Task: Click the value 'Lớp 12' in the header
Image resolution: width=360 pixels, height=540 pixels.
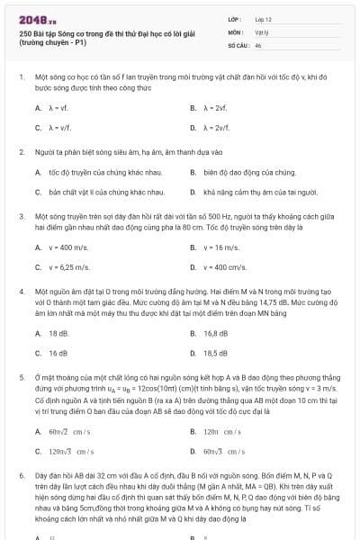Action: (265, 18)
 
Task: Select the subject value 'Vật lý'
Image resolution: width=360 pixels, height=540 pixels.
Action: (262, 31)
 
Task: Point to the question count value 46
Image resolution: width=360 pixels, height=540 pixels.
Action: (258, 44)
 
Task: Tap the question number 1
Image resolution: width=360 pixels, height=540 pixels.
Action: (20, 78)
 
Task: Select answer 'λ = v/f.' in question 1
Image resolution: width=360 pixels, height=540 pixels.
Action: (59, 128)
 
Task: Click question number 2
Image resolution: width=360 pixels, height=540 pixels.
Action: (20, 152)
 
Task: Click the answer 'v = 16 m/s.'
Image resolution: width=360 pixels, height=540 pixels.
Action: (221, 247)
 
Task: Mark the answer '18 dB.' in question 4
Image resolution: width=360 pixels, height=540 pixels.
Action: (58, 333)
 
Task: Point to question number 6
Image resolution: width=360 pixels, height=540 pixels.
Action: (20, 472)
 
